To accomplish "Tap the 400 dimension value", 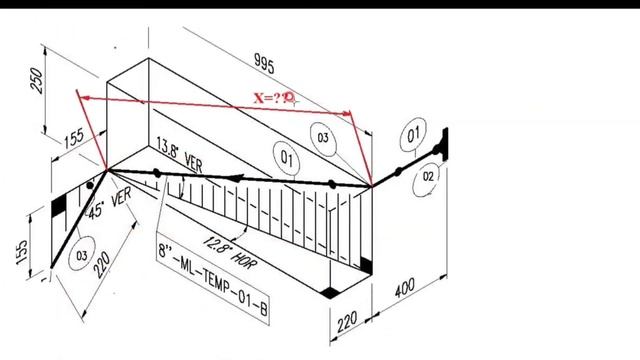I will click(403, 290).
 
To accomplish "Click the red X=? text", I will click(273, 98).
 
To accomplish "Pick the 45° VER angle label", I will click(108, 204).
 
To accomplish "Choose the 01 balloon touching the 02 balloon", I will click(415, 133).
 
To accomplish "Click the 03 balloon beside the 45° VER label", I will click(81, 256).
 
